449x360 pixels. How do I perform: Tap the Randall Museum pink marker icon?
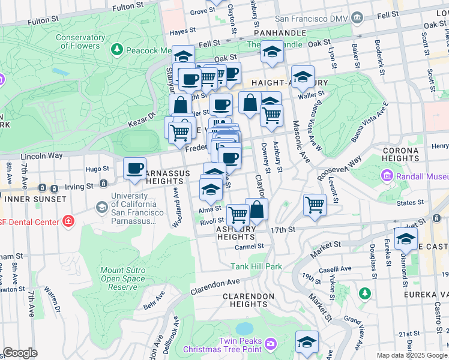pyautogui.click(x=387, y=176)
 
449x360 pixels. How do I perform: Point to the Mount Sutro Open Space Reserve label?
pyautogui.click(x=122, y=278)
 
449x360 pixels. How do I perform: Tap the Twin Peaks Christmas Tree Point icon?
pyautogui.click(x=271, y=343)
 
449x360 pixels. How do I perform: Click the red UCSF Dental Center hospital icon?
pyautogui.click(x=69, y=221)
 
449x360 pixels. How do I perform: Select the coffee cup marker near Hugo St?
pyautogui.click(x=135, y=168)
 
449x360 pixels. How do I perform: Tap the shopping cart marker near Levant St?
pyautogui.click(x=315, y=205)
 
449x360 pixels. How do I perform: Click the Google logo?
pyautogui.click(x=20, y=353)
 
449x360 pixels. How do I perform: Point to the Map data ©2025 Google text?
pyautogui.click(x=411, y=355)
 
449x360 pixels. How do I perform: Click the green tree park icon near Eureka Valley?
pyautogui.click(x=364, y=293)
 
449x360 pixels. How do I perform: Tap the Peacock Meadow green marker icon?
pyautogui.click(x=118, y=49)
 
